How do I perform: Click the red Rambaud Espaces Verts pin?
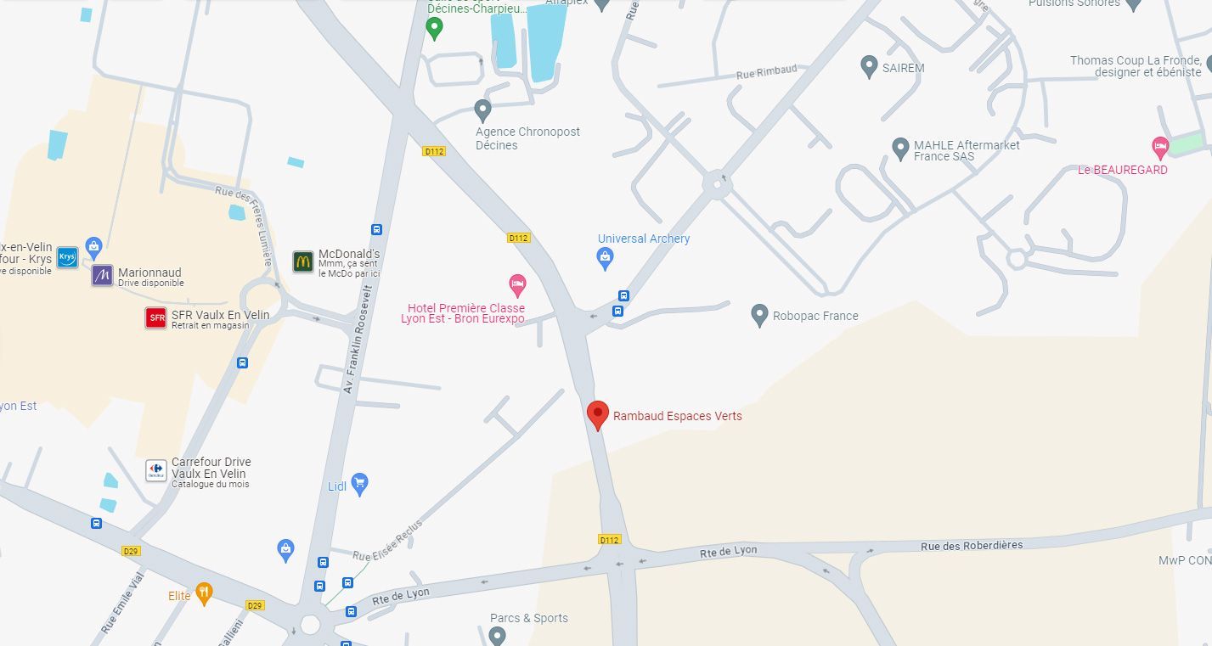click(x=598, y=415)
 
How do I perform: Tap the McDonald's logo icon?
click(x=303, y=261)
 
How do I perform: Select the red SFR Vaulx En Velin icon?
click(x=156, y=318)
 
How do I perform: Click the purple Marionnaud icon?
click(x=103, y=275)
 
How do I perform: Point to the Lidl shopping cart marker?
click(x=359, y=484)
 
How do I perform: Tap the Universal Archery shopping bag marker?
click(x=606, y=258)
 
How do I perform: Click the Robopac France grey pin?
click(x=760, y=315)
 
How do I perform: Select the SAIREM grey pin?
click(x=869, y=66)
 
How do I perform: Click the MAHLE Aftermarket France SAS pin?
click(x=900, y=149)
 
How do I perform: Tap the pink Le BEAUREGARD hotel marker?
click(x=1160, y=147)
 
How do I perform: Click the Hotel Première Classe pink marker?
click(x=517, y=285)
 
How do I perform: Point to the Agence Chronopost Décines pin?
click(x=482, y=110)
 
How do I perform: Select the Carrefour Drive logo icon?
click(x=156, y=469)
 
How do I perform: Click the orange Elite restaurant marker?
click(x=204, y=593)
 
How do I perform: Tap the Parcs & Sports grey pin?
click(x=498, y=635)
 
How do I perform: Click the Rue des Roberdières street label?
click(x=972, y=545)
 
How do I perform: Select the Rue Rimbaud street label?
click(x=767, y=71)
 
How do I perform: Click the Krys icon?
click(x=67, y=258)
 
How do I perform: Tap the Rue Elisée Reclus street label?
click(x=387, y=541)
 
